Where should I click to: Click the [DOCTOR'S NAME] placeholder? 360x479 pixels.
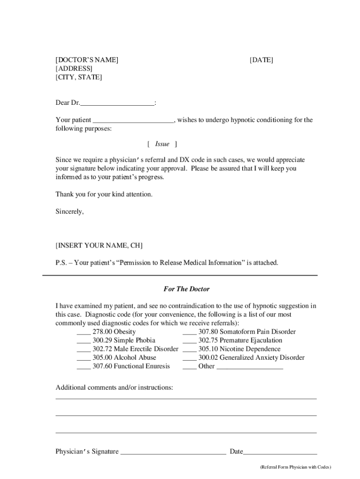pyautogui.click(x=87, y=60)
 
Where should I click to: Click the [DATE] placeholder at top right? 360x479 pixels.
pyautogui.click(x=261, y=60)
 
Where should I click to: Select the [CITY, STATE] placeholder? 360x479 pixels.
pyautogui.click(x=79, y=77)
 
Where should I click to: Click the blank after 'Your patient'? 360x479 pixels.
pyautogui.click(x=133, y=121)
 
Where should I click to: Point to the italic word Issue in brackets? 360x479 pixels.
pyautogui.click(x=162, y=144)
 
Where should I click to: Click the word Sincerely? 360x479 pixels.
pyautogui.click(x=70, y=211)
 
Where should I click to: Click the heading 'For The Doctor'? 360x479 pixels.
pyautogui.click(x=180, y=289)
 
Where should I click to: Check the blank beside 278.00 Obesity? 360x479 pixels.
pyautogui.click(x=83, y=332)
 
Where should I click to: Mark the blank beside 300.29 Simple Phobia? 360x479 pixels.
pyautogui.click(x=83, y=341)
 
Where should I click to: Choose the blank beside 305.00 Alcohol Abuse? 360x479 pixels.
pyautogui.click(x=83, y=358)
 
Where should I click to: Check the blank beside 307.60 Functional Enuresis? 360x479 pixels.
pyautogui.click(x=83, y=366)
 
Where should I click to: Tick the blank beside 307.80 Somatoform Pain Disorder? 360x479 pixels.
pyautogui.click(x=189, y=332)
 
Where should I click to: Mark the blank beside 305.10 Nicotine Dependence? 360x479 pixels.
pyautogui.click(x=189, y=349)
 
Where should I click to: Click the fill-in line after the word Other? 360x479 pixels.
pyautogui.click(x=250, y=367)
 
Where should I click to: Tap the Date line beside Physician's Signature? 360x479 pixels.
pyautogui.click(x=280, y=452)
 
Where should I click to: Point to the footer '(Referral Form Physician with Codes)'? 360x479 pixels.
pyautogui.click(x=295, y=467)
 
